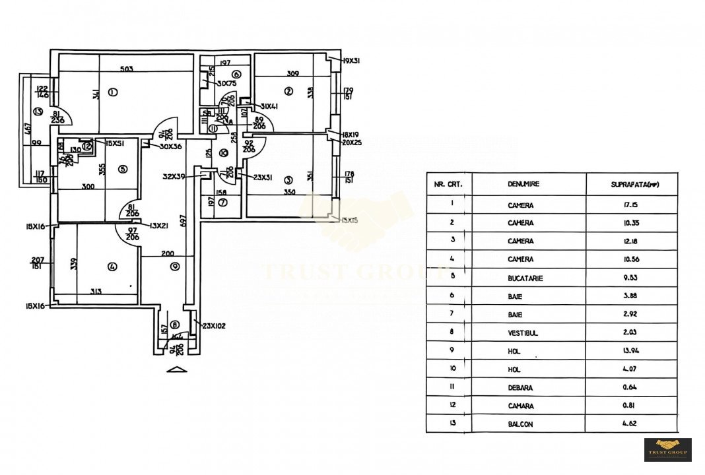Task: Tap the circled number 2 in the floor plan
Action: [x=288, y=91]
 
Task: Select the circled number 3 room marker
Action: [x=288, y=179]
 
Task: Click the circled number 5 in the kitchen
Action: [x=123, y=169]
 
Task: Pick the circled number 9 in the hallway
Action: [x=174, y=267]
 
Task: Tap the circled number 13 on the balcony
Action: [x=38, y=111]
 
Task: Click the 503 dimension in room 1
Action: [x=127, y=69]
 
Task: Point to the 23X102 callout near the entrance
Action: [x=215, y=325]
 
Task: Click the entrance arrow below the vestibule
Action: [x=176, y=369]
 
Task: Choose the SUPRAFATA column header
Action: [x=631, y=185]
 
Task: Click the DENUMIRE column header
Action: [x=520, y=185]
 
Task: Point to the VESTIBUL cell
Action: [x=523, y=334]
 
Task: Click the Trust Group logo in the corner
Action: [x=667, y=449]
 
